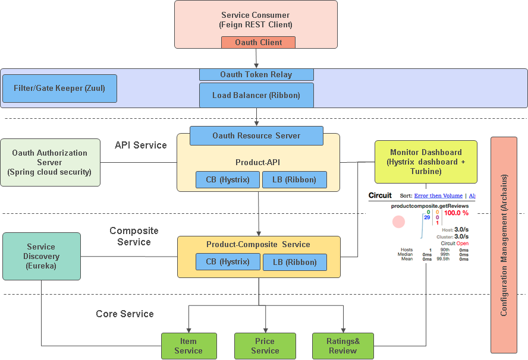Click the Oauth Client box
tap(259, 42)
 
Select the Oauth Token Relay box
tap(256, 74)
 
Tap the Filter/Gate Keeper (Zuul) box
tap(59, 89)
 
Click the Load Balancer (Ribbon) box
tap(256, 95)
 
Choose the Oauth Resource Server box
tap(256, 135)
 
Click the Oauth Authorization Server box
tap(50, 162)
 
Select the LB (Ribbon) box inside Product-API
tap(294, 179)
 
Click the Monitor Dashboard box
tap(426, 162)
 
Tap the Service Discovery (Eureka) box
tap(41, 256)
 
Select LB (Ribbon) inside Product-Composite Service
tap(295, 262)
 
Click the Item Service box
tap(188, 346)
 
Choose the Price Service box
tap(265, 346)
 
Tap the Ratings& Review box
tap(342, 346)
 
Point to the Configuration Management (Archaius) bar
tap(504, 245)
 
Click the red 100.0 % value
tap(456, 213)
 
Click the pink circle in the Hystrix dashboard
tap(398, 222)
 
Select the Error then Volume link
tap(438, 195)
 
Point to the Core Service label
tap(125, 314)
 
